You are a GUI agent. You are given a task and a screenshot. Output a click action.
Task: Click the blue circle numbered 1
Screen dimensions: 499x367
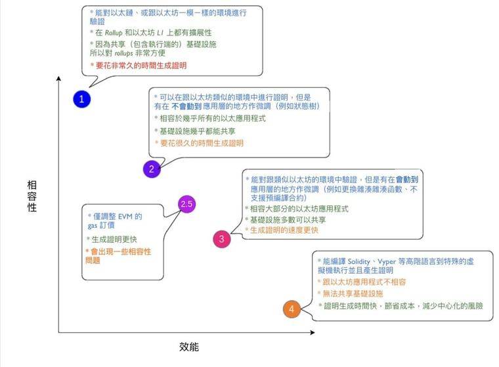pyautogui.click(x=82, y=99)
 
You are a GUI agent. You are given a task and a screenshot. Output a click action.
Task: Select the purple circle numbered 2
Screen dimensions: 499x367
pyautogui.click(x=152, y=169)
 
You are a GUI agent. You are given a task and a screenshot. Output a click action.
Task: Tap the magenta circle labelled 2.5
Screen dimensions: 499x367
pyautogui.click(x=187, y=204)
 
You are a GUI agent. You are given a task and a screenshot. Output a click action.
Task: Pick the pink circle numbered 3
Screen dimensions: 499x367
pyautogui.click(x=222, y=239)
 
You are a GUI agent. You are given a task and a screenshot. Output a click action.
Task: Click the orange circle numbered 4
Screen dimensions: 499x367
pyautogui.click(x=292, y=309)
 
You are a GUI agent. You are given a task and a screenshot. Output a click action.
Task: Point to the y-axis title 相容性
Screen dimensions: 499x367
pyautogui.click(x=32, y=196)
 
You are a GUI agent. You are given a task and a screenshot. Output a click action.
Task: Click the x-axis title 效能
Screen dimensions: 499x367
pyautogui.click(x=189, y=347)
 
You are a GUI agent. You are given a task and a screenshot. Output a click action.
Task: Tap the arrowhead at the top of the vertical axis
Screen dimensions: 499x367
pyautogui.click(x=58, y=78)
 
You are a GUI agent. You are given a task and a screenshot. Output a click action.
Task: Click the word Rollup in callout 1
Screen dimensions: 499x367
pyautogui.click(x=114, y=33)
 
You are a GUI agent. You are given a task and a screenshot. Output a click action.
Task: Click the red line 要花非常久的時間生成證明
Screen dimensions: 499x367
pyautogui.click(x=141, y=66)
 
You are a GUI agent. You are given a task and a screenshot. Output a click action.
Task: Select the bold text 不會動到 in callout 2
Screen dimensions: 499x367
pyautogui.click(x=186, y=106)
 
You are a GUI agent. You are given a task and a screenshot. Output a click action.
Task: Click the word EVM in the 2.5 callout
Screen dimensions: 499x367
pyautogui.click(x=125, y=217)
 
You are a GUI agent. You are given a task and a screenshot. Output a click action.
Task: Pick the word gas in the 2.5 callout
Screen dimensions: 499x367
pyautogui.click(x=93, y=226)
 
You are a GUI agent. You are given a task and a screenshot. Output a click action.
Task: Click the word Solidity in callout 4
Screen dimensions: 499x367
pyautogui.click(x=358, y=262)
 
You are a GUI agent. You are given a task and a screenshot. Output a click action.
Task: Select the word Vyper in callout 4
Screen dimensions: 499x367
pyautogui.click(x=387, y=262)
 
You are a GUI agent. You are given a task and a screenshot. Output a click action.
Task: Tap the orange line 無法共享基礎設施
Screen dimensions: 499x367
pyautogui.click(x=353, y=293)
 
